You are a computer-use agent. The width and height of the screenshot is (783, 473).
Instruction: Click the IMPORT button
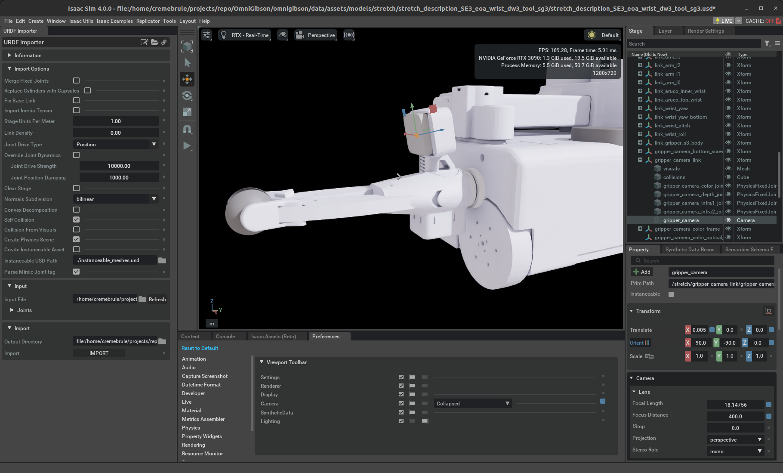(x=99, y=353)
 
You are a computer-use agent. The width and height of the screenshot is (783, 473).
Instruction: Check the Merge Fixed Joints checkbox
(x=77, y=80)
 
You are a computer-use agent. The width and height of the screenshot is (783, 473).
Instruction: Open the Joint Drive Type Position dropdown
(x=116, y=145)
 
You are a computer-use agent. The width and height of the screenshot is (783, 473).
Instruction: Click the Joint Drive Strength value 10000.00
(x=119, y=166)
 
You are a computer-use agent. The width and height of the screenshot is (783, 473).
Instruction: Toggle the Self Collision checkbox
(x=77, y=219)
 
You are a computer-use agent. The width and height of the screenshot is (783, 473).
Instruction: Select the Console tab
(x=225, y=337)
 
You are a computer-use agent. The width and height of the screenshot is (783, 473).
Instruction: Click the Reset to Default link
(x=200, y=348)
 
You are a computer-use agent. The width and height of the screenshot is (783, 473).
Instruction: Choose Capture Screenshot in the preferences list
(x=205, y=376)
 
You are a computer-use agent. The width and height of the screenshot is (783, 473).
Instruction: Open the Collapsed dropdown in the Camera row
(x=472, y=404)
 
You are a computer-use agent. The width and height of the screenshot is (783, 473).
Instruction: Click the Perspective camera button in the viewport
(x=315, y=35)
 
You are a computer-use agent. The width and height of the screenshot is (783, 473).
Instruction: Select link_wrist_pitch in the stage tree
(x=672, y=126)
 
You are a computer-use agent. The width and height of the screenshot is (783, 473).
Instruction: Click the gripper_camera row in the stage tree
(x=681, y=220)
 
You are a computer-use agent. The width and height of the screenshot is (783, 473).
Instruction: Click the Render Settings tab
(x=706, y=31)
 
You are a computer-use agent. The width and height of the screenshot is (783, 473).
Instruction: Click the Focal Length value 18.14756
(x=735, y=405)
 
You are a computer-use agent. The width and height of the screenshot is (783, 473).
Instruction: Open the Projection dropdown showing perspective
(x=735, y=440)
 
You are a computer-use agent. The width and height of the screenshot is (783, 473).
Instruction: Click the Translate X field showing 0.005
(x=699, y=330)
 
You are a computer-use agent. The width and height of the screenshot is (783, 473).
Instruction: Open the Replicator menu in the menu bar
(x=148, y=21)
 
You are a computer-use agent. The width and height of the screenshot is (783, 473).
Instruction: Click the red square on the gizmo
(x=433, y=109)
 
